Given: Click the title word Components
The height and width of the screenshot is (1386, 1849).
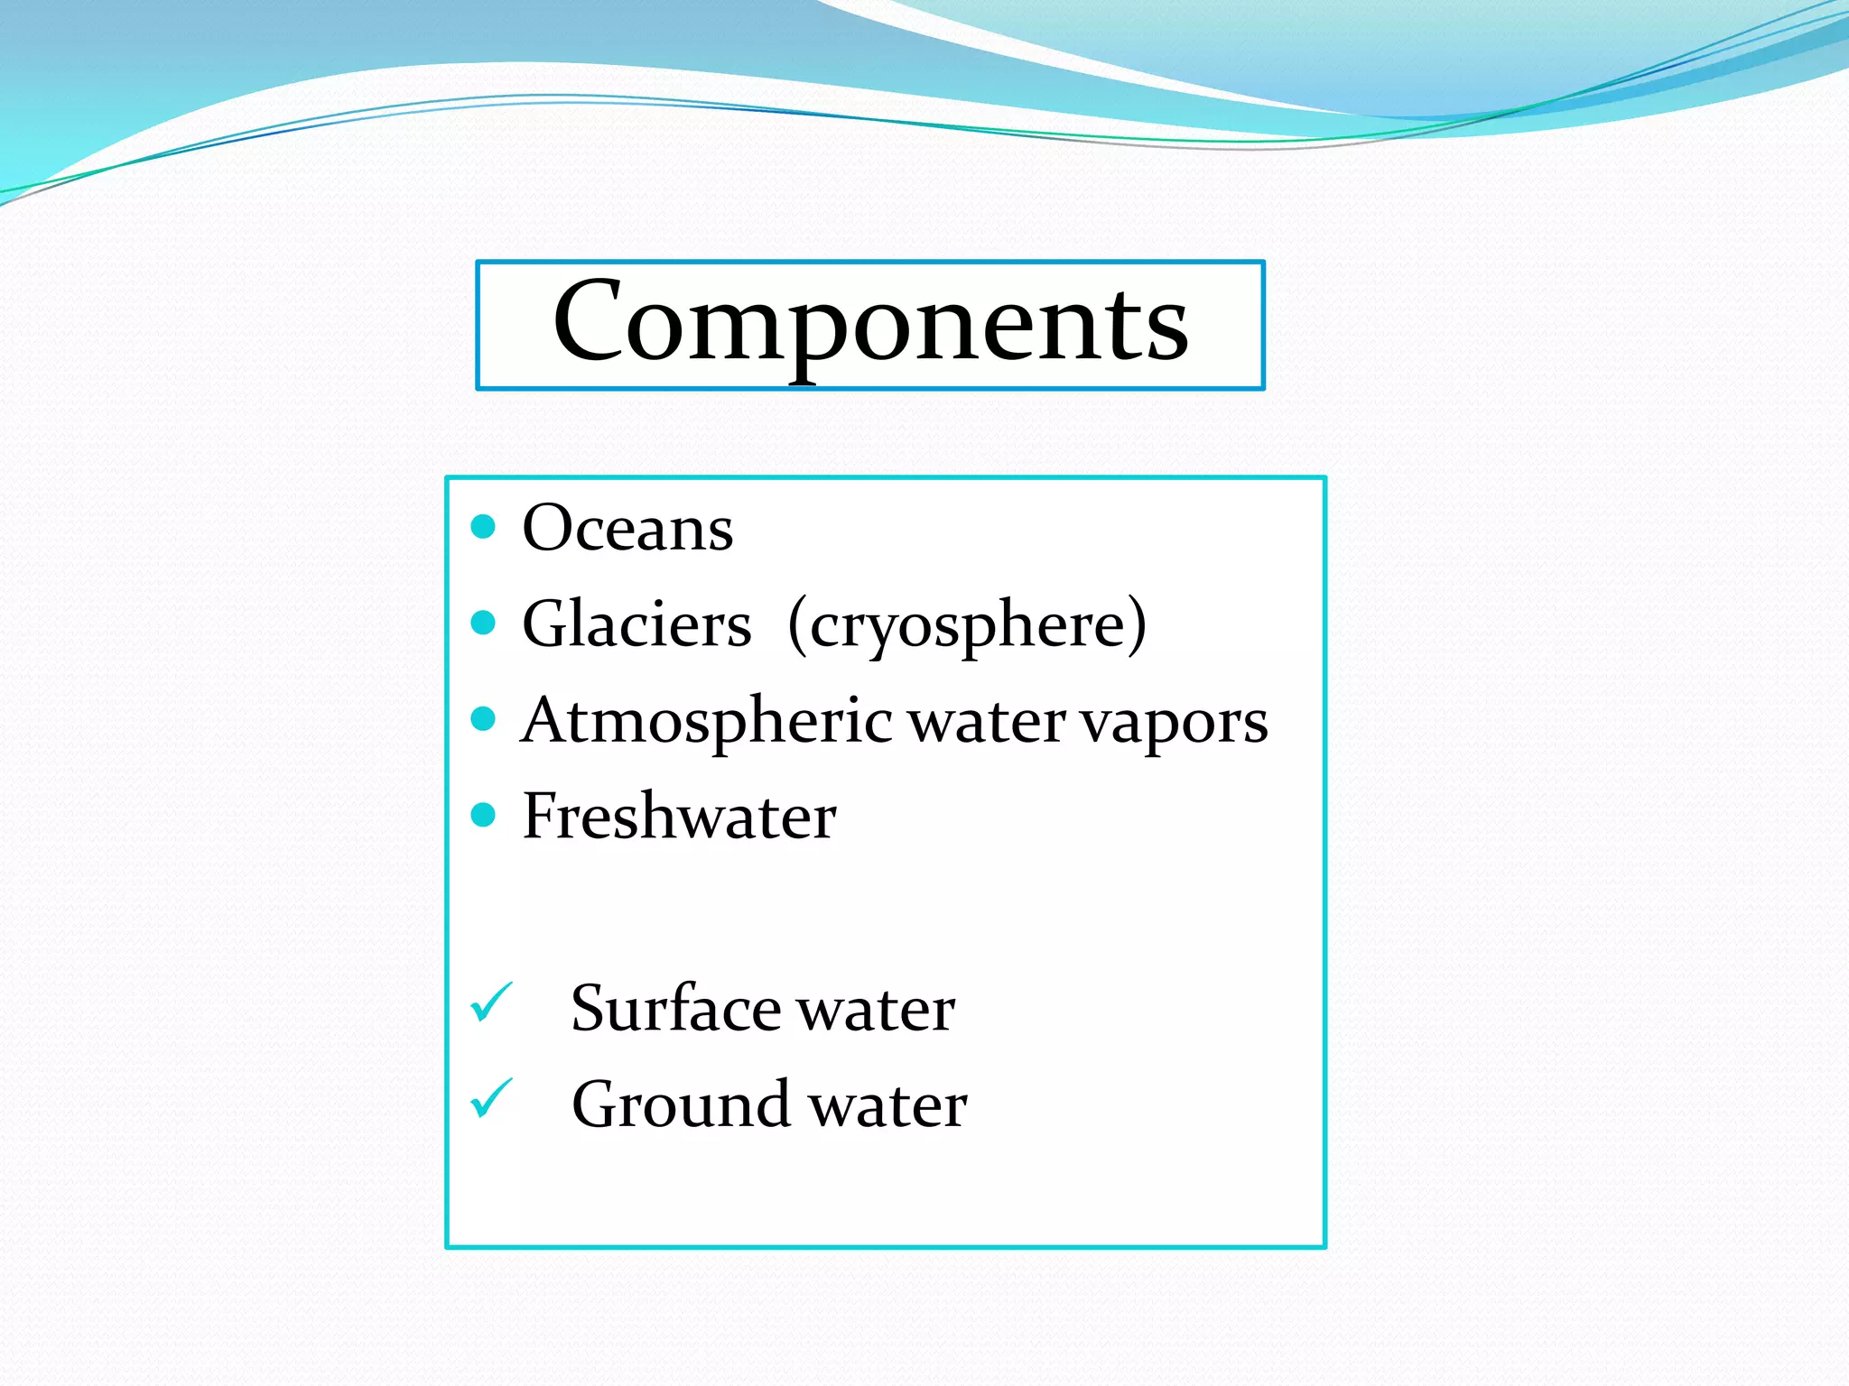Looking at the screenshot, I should (x=870, y=323).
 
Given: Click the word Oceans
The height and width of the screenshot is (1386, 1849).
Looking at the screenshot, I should (x=627, y=528).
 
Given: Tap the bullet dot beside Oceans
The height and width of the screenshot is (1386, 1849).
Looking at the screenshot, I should (x=484, y=526).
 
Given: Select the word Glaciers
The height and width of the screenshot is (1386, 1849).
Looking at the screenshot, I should (x=636, y=624).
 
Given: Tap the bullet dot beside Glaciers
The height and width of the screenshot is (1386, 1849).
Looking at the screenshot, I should (x=484, y=623).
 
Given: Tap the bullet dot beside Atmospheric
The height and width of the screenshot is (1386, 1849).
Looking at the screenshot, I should (x=484, y=719).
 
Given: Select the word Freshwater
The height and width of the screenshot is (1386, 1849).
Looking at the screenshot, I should (x=679, y=817).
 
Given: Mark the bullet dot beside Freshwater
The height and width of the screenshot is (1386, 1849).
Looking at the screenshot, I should (x=484, y=816).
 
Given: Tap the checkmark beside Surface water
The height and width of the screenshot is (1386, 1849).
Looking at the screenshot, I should (x=492, y=1003).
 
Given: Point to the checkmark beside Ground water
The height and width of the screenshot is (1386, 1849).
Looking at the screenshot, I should (x=492, y=1099).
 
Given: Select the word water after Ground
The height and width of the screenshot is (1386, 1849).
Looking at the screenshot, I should (x=888, y=1107).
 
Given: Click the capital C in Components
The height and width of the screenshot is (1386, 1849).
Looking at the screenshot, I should (x=587, y=321).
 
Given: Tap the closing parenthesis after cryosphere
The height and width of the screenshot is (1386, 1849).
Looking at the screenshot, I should (x=1137, y=624).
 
